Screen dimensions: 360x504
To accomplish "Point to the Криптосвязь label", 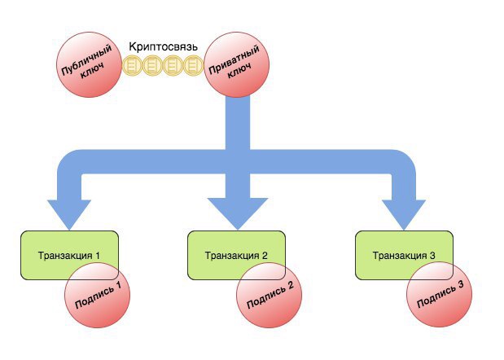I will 163,47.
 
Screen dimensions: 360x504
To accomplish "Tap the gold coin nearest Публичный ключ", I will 132,68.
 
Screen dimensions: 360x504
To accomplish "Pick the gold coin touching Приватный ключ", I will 193,68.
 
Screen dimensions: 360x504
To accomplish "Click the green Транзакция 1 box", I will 69,255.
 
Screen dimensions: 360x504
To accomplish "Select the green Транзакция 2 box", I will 237,255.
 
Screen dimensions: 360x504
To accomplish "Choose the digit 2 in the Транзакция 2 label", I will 265,256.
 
